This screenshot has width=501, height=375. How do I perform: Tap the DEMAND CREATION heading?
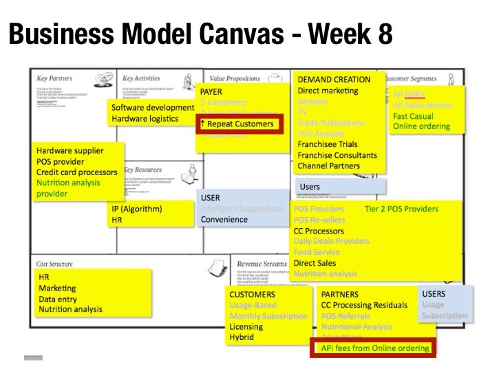pos(334,79)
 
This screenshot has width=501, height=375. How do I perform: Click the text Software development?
pos(153,108)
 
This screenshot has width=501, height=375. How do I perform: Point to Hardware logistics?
pos(145,119)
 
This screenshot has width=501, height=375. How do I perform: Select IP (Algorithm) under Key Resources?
pos(136,209)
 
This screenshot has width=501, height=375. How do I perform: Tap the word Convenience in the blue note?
pos(224,220)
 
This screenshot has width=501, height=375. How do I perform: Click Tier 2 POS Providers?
pos(401,209)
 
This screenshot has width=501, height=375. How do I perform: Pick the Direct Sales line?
pos(315,263)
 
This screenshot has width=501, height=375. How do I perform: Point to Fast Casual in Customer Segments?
pos(414,115)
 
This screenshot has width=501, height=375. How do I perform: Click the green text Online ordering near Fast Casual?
pos(421,126)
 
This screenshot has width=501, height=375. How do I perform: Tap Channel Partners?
pos(328,166)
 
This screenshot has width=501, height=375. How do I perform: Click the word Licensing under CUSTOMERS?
pos(246,327)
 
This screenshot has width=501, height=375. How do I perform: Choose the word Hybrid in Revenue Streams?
pos(242,337)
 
